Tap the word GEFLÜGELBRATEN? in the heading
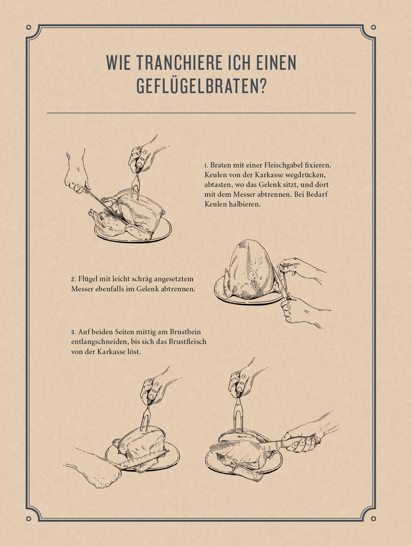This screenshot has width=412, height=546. click(x=202, y=86)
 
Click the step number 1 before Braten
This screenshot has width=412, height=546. click(x=206, y=165)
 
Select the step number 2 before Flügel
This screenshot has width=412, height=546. click(x=73, y=279)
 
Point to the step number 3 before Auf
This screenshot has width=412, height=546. click(x=73, y=332)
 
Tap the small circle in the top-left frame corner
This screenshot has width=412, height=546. click(x=29, y=27)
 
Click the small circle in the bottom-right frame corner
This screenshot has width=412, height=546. click(x=373, y=519)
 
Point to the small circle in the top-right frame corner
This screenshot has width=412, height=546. click(x=373, y=27)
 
